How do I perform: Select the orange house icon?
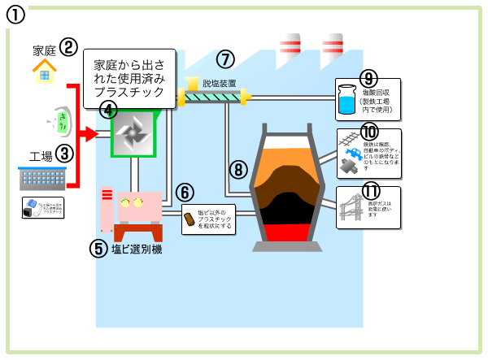tap(46, 72)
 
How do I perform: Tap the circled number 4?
tap(107, 108)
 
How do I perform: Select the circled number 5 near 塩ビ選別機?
tap(98, 248)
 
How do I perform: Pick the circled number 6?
tap(185, 192)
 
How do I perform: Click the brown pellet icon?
tap(189, 219)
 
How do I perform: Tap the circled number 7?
tap(224, 59)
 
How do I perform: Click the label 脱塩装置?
tap(220, 83)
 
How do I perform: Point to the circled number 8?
tap(237, 169)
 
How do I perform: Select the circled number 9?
tap(368, 79)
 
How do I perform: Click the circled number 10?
tap(369, 132)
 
